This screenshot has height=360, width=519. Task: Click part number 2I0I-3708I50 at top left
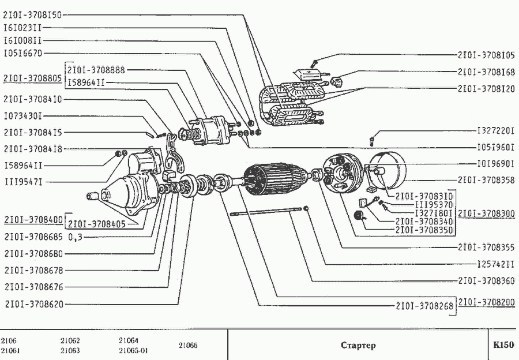32,15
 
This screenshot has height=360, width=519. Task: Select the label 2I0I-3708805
32,77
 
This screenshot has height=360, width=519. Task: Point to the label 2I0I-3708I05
486,56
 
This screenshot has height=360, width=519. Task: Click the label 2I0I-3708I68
486,72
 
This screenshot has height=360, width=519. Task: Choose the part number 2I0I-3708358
486,180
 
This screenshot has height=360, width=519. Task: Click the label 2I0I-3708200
486,302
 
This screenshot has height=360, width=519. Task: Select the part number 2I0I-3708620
32,303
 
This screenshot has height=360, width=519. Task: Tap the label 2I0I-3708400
32,220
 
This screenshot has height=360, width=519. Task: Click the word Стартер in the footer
358,346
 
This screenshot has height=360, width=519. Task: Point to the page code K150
503,346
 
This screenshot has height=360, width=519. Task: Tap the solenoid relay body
207,129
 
